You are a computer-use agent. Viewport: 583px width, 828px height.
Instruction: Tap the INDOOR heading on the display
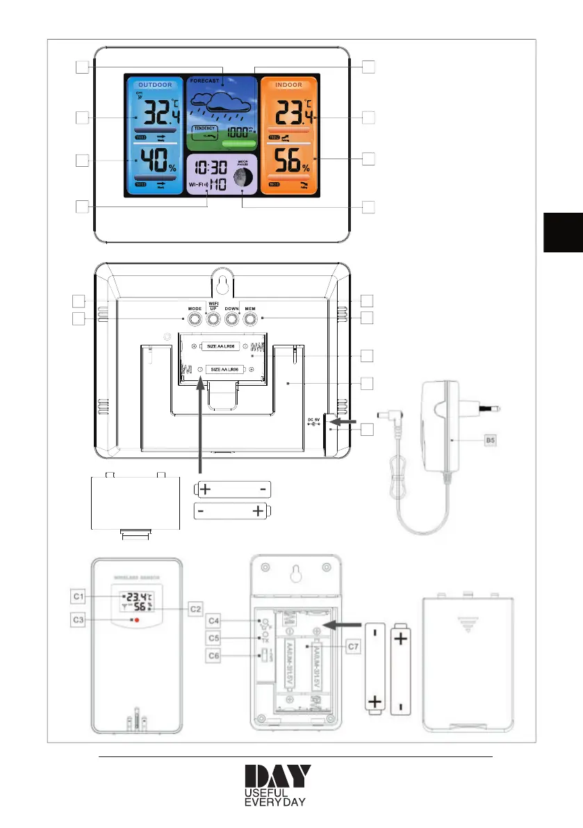tap(288, 85)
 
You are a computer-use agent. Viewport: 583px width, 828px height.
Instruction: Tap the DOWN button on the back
tap(231, 318)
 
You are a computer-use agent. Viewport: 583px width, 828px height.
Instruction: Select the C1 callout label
tap(79, 596)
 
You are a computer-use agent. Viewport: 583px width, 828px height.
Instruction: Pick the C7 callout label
tap(352, 647)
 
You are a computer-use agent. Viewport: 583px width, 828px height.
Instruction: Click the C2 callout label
tap(195, 609)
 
